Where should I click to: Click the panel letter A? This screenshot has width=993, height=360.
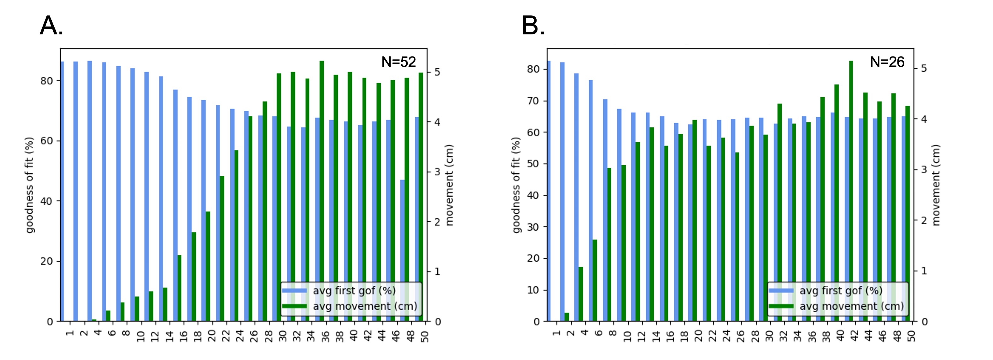click(x=51, y=26)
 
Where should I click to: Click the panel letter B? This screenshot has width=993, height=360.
click(x=533, y=26)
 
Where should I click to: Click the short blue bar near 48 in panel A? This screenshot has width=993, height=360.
click(x=402, y=251)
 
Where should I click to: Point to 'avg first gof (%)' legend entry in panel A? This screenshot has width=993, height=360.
click(x=354, y=291)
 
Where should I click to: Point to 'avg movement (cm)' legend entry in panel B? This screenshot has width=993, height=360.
click(x=851, y=306)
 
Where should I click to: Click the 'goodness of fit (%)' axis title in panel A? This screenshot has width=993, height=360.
click(x=30, y=185)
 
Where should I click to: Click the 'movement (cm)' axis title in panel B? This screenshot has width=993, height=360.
click(x=936, y=185)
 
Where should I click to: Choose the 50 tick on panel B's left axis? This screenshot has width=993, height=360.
click(x=533, y=164)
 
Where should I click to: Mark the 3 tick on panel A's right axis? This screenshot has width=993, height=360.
click(x=438, y=172)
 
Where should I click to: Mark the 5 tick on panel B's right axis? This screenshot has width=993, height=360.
click(x=924, y=68)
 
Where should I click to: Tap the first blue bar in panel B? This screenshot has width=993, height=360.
click(x=549, y=191)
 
